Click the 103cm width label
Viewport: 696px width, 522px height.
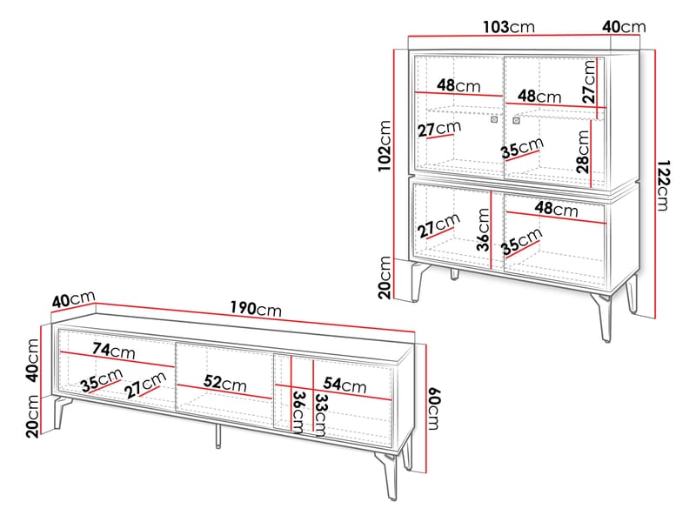tap(509, 27)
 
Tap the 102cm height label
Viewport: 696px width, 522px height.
tap(385, 145)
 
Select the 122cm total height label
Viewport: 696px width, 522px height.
tap(662, 185)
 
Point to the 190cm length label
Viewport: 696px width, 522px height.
tap(256, 308)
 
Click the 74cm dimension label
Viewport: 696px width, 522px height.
tap(114, 351)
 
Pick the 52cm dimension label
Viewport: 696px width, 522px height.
tap(225, 383)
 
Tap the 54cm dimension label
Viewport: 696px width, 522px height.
tap(345, 385)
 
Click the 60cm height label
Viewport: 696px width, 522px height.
tap(433, 409)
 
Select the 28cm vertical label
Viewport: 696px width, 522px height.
tap(583, 151)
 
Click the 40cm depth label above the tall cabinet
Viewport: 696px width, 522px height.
tap(624, 27)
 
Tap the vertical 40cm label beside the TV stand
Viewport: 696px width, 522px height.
tap(33, 360)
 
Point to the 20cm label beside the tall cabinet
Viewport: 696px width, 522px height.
tap(385, 278)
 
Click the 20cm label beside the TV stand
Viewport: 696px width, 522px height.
tap(33, 417)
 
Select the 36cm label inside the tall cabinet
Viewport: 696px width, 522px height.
tap(484, 230)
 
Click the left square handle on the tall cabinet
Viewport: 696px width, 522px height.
tap(494, 119)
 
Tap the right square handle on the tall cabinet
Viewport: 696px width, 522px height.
tap(516, 120)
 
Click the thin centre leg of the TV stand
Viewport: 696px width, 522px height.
tap(218, 436)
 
